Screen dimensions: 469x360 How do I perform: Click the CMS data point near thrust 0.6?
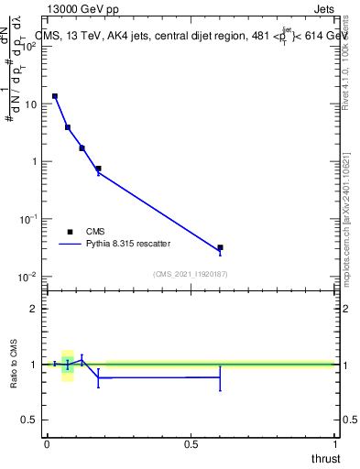coord(220,247)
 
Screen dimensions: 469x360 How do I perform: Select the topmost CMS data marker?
coord(55,96)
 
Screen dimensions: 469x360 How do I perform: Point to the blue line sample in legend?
coord(70,245)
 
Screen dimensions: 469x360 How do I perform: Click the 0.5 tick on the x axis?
coord(191,443)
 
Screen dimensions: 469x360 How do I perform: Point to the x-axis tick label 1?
coord(334,443)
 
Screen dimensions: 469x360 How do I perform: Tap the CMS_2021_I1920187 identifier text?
coord(191,273)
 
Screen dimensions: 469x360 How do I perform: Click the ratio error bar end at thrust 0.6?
coord(220,390)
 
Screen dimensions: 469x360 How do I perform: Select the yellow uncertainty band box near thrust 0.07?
coord(67,365)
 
